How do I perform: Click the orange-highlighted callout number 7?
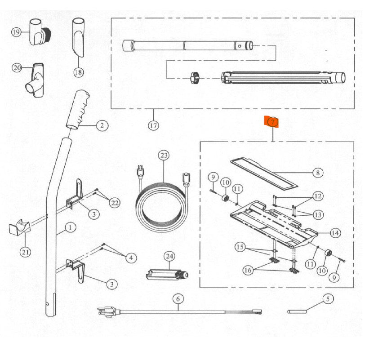click(272, 122)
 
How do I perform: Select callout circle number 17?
click(153, 125)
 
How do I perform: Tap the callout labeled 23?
click(164, 156)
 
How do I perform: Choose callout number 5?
click(327, 298)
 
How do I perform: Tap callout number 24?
click(169, 256)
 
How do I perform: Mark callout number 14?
click(335, 233)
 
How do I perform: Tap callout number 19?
click(17, 32)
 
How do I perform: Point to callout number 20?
click(17, 68)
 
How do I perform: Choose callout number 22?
click(115, 203)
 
